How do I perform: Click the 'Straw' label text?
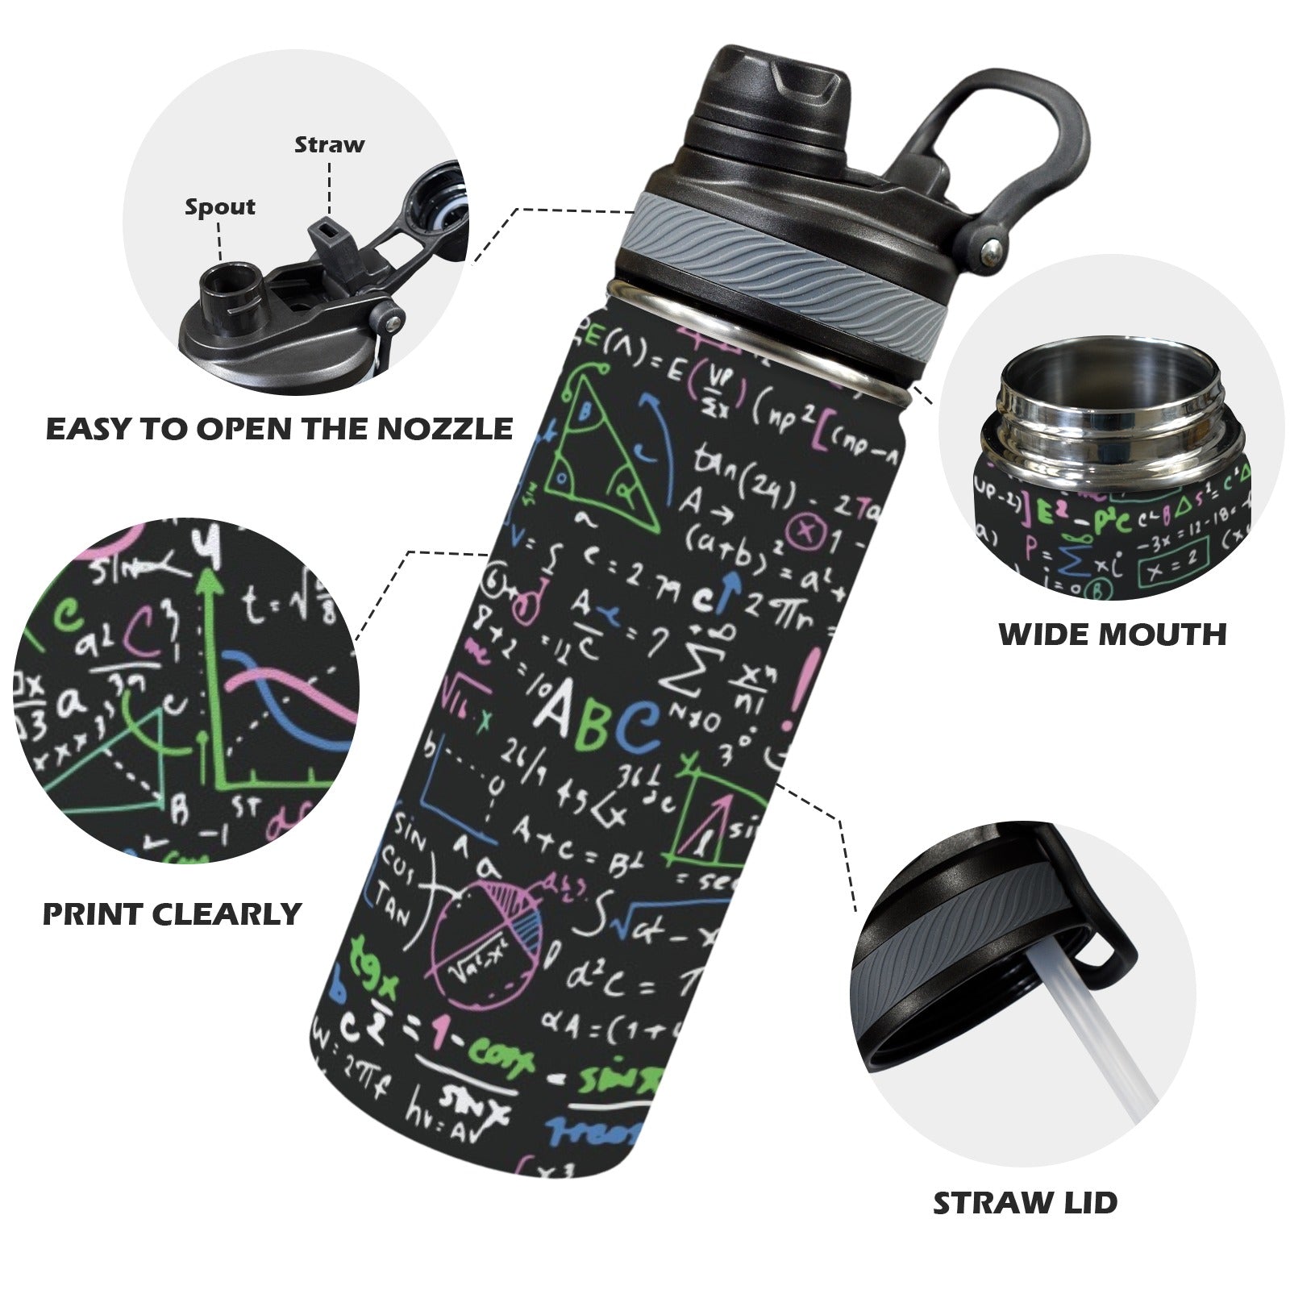click(329, 145)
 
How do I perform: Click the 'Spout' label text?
click(219, 207)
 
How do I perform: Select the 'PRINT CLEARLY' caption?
click(172, 914)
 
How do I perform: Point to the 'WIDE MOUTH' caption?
click(1113, 635)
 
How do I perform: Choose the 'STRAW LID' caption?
click(1025, 1203)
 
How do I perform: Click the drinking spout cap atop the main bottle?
click(774, 89)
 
